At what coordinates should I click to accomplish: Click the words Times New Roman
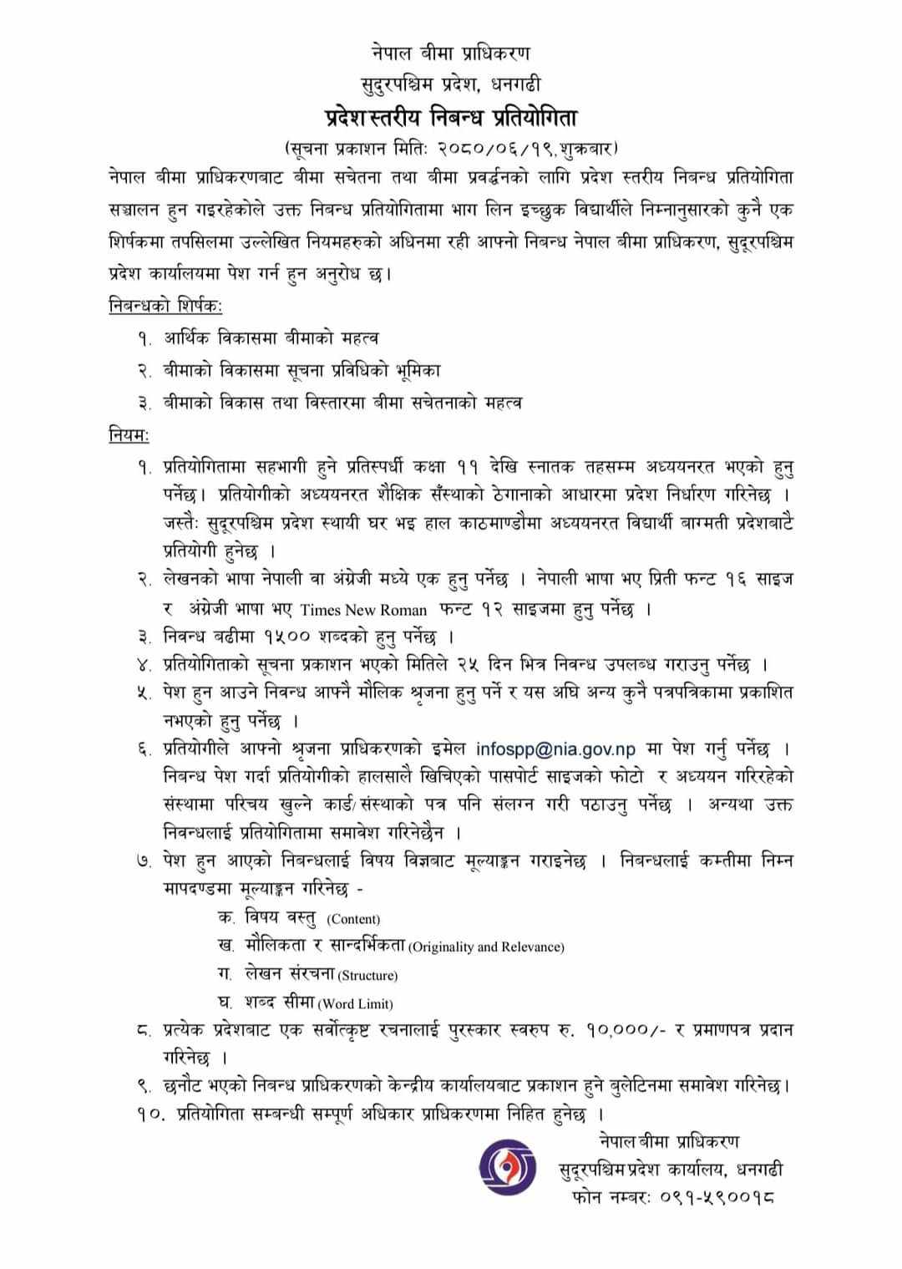tap(363, 610)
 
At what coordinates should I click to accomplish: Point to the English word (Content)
tap(353, 919)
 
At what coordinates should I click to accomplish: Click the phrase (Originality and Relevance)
tap(486, 947)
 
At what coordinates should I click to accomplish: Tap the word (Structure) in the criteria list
tap(367, 975)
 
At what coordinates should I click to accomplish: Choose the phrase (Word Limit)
tap(355, 1003)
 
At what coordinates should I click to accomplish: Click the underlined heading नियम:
tap(129, 434)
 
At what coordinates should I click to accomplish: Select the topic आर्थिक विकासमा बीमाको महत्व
tap(271, 338)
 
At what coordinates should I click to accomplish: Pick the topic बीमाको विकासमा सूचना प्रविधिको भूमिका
tap(302, 370)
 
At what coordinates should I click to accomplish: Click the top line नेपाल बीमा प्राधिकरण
tap(451, 53)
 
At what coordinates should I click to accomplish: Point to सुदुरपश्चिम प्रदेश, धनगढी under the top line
tap(451, 84)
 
